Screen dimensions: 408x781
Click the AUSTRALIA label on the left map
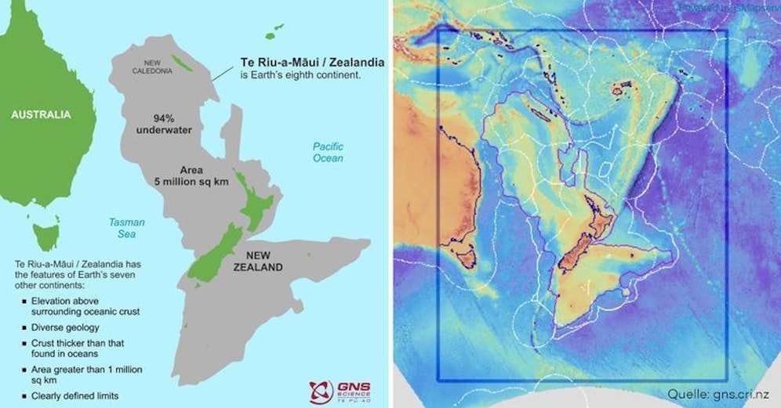pos(41,115)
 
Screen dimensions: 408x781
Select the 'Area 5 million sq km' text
pos(191,175)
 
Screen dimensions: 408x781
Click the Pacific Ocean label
pos(328,152)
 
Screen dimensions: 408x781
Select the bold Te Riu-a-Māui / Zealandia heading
pos(306,63)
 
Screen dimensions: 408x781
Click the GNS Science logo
pos(340,388)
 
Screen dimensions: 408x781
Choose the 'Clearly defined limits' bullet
pos(76,395)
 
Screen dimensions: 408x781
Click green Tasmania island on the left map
pos(46,233)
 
